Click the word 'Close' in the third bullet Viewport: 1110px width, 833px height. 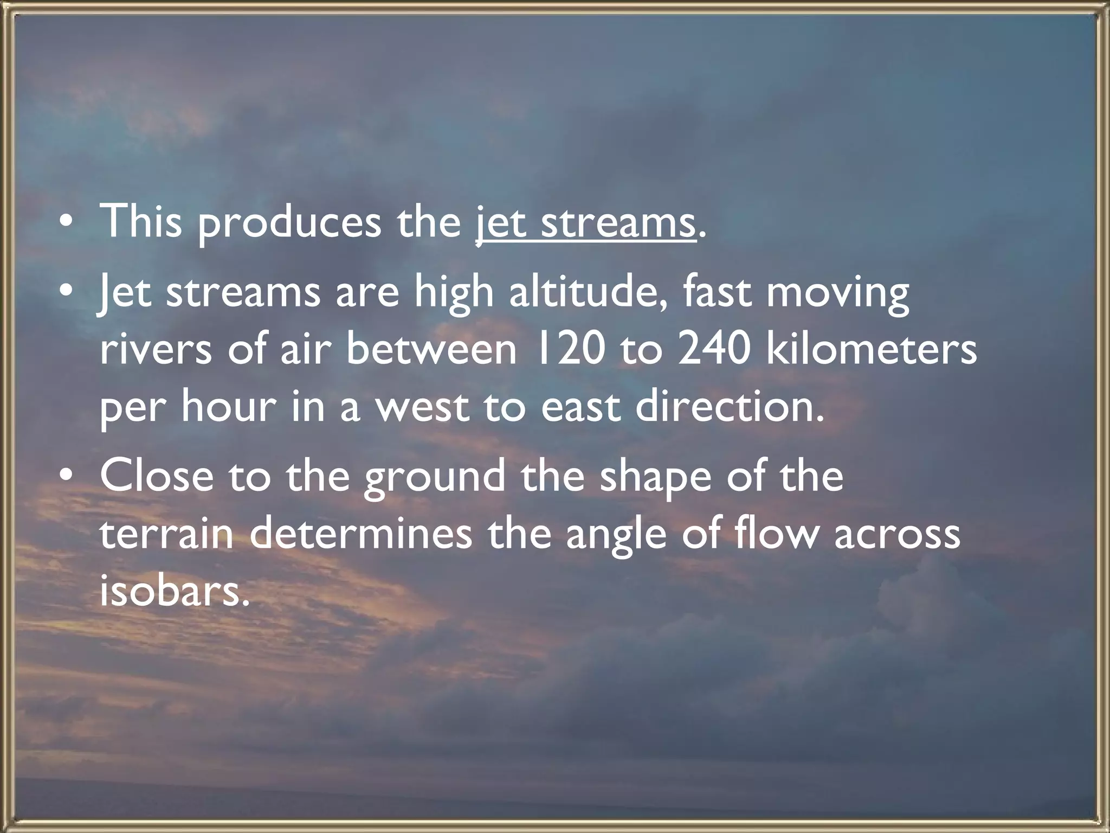[x=157, y=475]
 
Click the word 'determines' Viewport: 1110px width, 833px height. [x=361, y=534]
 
